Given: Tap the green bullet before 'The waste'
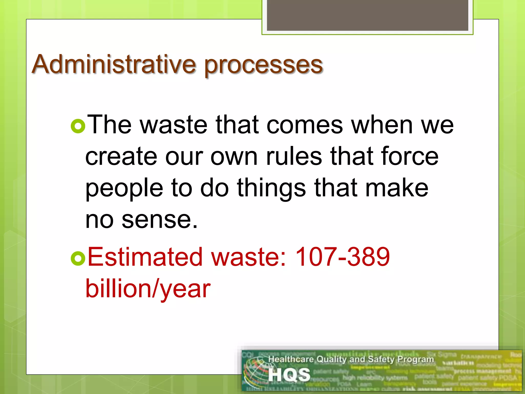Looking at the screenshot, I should coord(78,126).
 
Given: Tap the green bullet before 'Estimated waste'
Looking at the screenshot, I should coord(78,258).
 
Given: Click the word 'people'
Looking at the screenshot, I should coord(124,189).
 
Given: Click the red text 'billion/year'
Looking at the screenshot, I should coord(148,289).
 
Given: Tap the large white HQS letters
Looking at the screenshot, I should coord(289,375).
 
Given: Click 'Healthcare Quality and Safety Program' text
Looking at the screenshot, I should coord(351,359).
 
